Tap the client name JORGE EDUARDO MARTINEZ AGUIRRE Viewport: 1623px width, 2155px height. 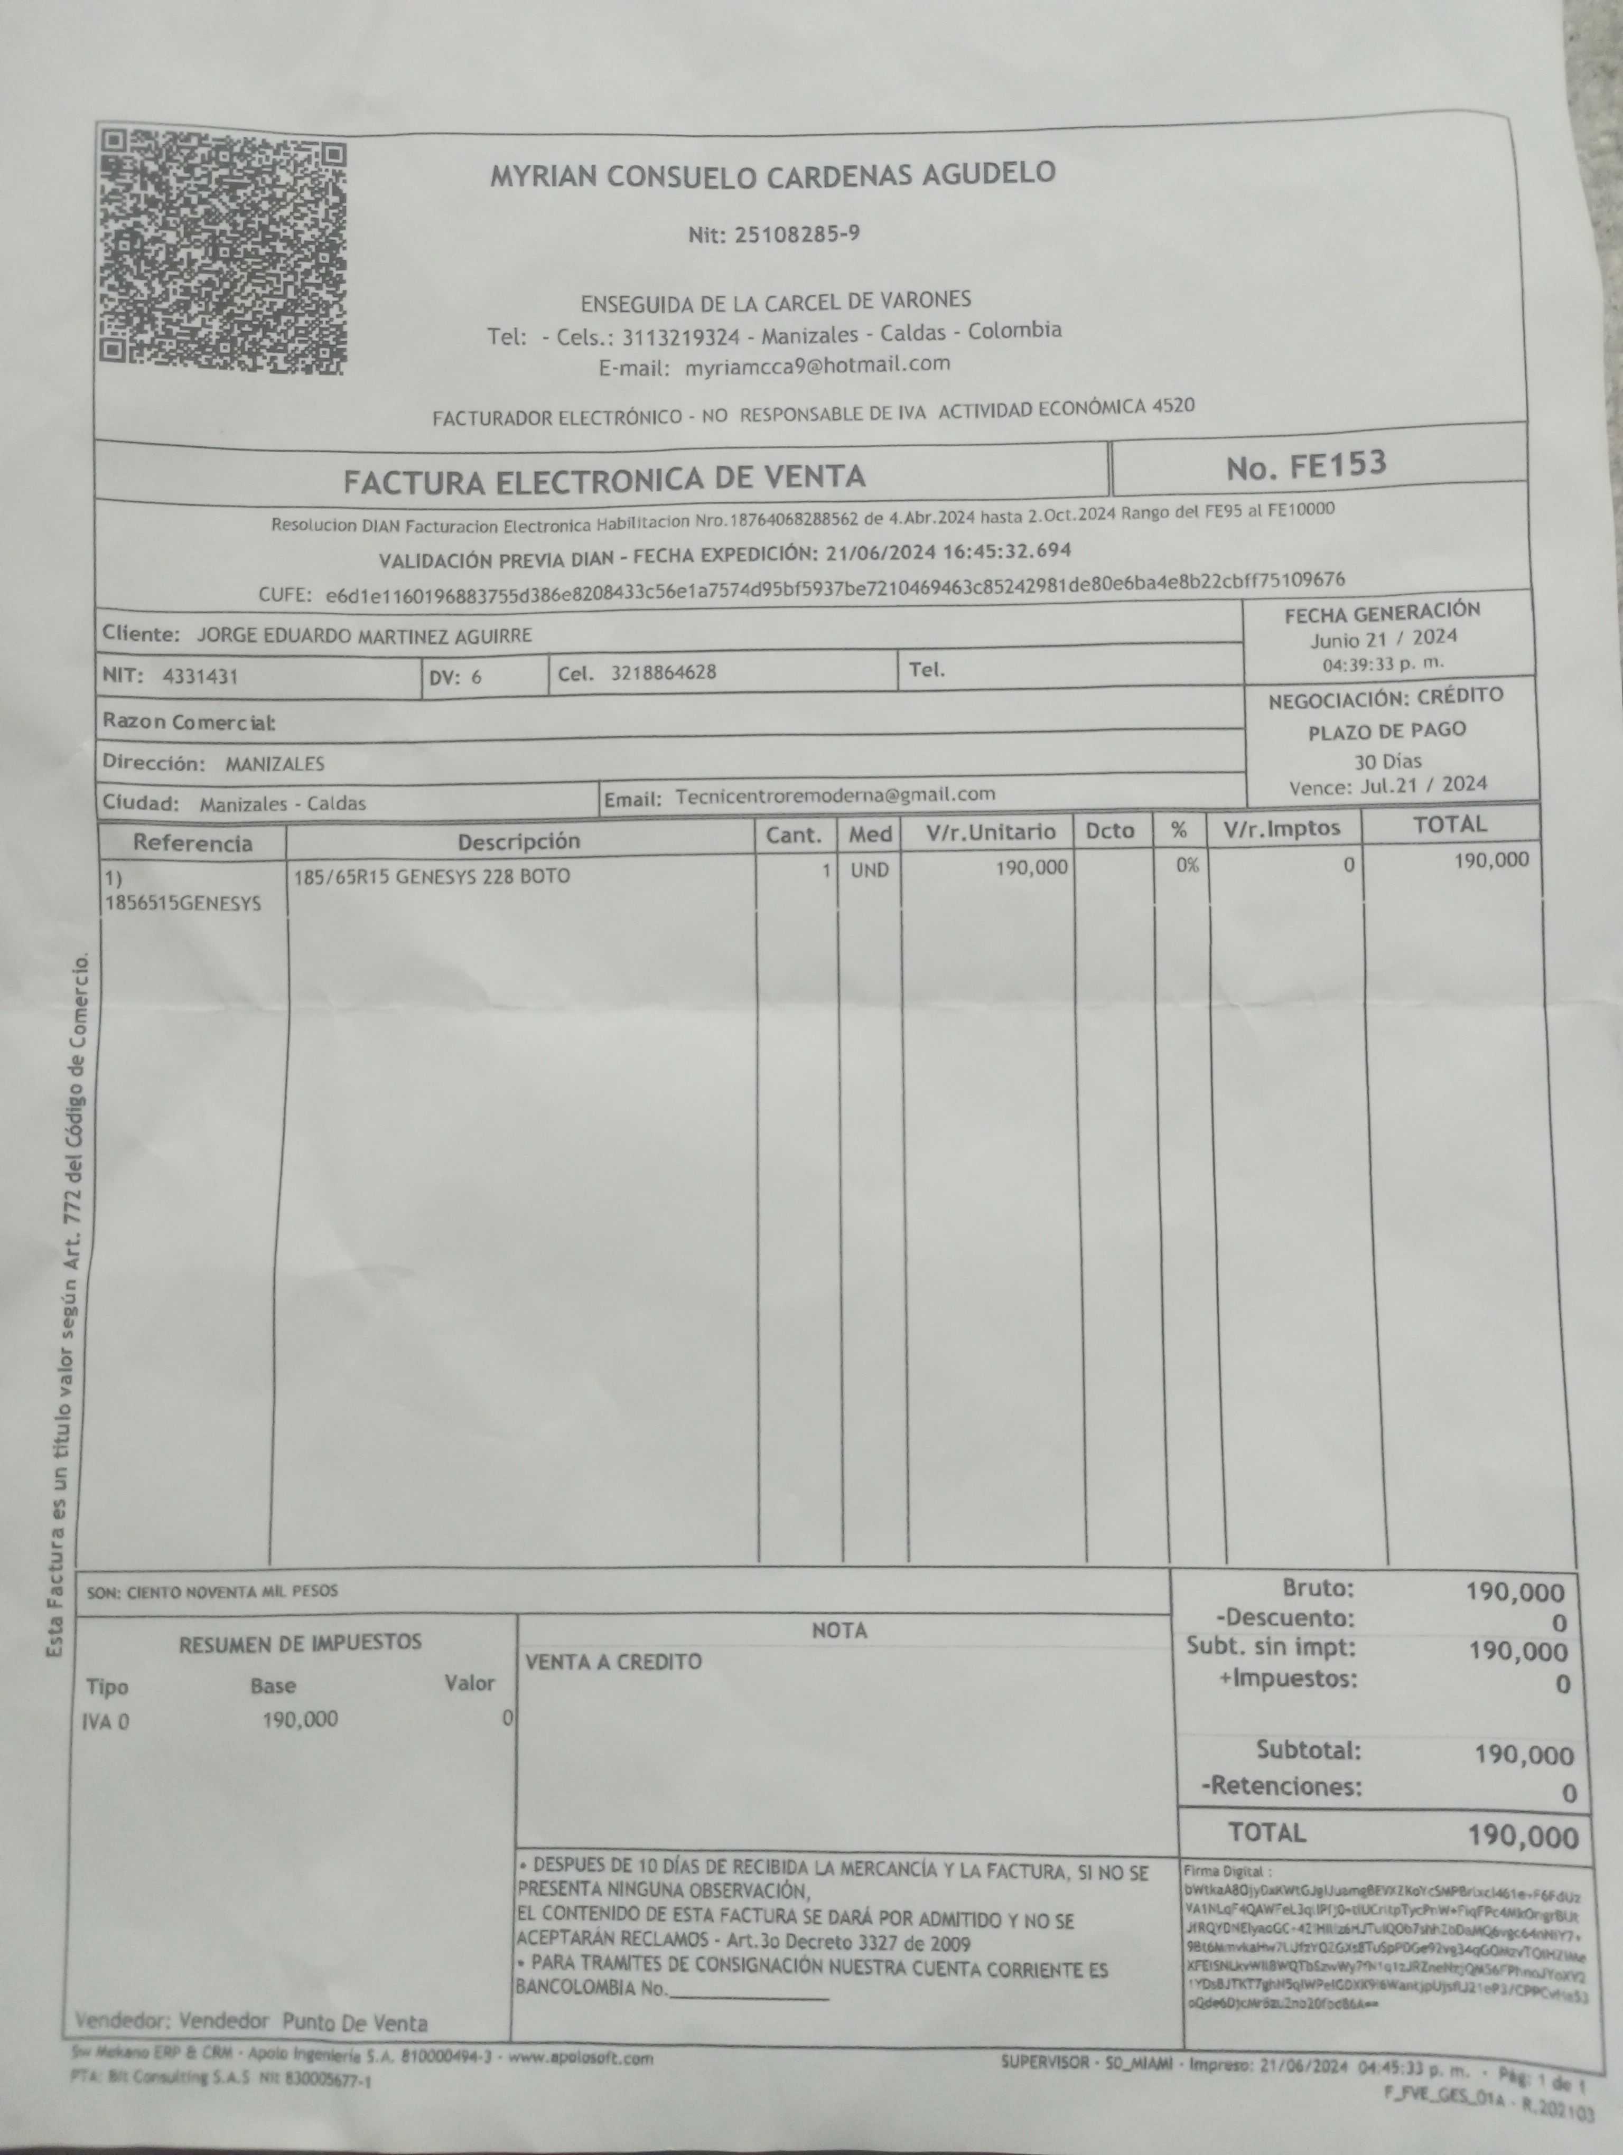pyautogui.click(x=365, y=635)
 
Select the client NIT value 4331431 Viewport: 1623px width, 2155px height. pyautogui.click(x=200, y=676)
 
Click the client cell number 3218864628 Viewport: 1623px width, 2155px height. pyautogui.click(x=664, y=672)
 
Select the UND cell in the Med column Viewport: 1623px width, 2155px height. pyautogui.click(x=869, y=870)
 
